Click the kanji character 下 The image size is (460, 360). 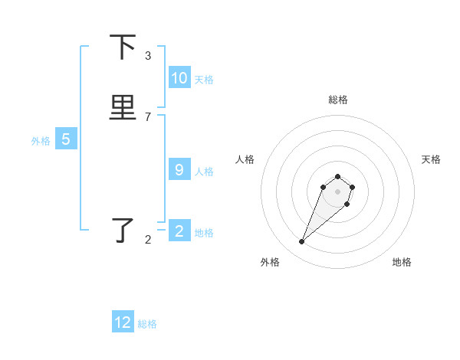click(123, 47)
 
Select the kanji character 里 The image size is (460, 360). click(123, 108)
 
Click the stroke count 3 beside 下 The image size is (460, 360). click(148, 56)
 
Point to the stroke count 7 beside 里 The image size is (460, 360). click(148, 117)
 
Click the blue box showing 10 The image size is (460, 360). click(179, 78)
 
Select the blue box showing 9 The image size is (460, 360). click(179, 170)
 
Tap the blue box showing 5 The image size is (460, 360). click(66, 139)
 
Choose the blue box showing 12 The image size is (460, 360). click(123, 322)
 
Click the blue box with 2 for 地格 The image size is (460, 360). click(179, 231)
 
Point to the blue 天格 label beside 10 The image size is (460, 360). click(204, 80)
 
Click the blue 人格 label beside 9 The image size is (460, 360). click(204, 172)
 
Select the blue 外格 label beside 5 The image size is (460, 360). click(41, 141)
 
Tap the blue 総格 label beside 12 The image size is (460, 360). click(147, 324)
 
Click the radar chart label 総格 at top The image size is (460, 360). click(338, 100)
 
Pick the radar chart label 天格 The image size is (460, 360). click(431, 159)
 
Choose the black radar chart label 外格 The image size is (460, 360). click(270, 262)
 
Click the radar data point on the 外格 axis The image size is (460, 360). click(302, 242)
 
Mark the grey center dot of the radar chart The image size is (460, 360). click(337, 191)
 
